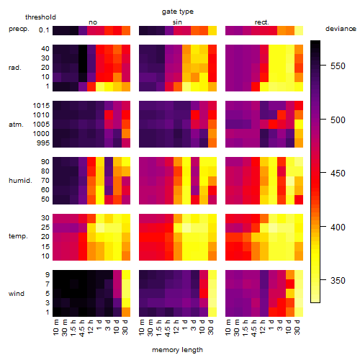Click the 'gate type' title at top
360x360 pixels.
(178, 12)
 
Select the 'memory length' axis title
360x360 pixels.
(177, 350)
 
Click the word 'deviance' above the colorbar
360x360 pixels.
(341, 29)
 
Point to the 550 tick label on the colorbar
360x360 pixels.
(338, 66)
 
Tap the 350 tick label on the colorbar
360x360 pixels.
(338, 280)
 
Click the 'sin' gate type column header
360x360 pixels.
(177, 22)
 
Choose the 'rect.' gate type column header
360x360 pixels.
(262, 22)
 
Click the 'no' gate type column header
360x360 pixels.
(93, 22)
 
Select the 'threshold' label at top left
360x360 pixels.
(40, 17)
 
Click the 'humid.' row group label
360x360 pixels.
(20, 181)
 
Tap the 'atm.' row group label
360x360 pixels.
(16, 125)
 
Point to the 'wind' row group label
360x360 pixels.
(17, 294)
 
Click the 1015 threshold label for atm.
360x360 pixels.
(41, 106)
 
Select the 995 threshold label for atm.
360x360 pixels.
(43, 143)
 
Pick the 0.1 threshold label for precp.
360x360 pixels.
(44, 30)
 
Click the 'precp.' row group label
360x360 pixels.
(19, 29)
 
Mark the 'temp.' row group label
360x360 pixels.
(18, 236)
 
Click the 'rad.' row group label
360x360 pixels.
(15, 68)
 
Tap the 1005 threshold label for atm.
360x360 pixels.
(41, 125)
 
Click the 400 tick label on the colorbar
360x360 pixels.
(338, 227)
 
